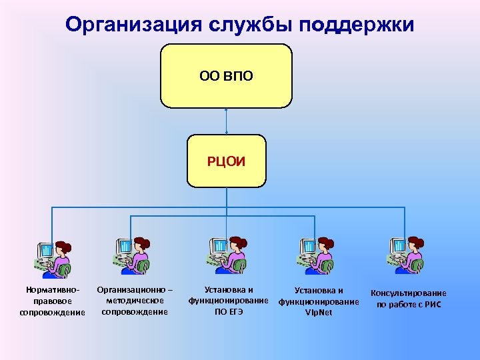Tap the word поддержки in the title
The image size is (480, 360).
pos(358,25)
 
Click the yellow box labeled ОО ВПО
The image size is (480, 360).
pos(227,76)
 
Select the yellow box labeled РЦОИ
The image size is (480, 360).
pos(227,161)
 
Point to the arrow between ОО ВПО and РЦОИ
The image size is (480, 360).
pos(227,121)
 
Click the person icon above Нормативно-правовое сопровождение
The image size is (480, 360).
pos(53,258)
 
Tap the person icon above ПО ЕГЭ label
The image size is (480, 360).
pos(227,256)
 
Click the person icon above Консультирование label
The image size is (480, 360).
pos(405,256)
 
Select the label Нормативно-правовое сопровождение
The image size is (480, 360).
pos(53,301)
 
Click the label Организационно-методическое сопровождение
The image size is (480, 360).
pos(135,301)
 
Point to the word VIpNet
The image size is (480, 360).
pos(319,312)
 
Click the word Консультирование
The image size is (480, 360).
pos(409,293)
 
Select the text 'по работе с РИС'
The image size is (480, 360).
pos(409,305)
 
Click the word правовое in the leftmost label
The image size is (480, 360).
pos(53,301)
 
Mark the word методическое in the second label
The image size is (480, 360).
pos(135,301)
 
